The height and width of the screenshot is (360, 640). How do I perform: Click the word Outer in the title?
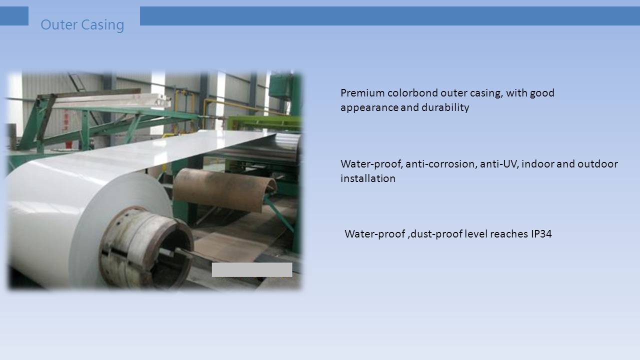coord(59,24)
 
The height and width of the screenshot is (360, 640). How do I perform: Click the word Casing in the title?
coord(102,25)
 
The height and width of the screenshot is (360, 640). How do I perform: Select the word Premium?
coord(362,93)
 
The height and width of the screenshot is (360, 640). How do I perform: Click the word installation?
coord(368,178)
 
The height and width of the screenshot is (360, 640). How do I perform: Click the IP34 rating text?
coord(541,234)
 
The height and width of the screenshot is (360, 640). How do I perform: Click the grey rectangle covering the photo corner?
coord(252,269)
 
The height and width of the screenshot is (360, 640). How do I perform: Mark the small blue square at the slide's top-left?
coord(14,16)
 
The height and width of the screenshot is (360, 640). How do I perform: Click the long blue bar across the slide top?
coord(390,16)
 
